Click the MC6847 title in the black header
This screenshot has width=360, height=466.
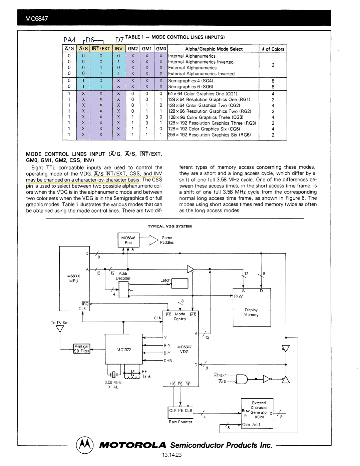(37, 19)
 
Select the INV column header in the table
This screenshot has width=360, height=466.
(118, 49)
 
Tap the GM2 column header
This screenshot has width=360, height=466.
(133, 49)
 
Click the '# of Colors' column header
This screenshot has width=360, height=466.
(273, 49)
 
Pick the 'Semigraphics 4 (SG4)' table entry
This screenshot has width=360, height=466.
(191, 81)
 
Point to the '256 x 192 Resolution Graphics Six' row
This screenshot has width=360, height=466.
(209, 135)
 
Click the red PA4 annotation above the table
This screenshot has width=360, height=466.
(69, 40)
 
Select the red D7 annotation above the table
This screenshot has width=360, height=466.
(119, 40)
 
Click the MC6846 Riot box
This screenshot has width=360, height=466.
(128, 240)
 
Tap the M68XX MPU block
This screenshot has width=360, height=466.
(74, 279)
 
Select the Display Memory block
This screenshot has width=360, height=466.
(252, 307)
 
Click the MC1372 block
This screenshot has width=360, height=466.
(124, 349)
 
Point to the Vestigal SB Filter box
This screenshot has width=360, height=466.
(82, 349)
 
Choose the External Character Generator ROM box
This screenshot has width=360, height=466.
(257, 413)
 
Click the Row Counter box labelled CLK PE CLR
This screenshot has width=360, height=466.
(181, 412)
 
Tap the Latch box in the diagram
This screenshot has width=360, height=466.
(179, 283)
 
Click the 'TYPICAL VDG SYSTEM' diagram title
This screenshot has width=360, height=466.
(169, 226)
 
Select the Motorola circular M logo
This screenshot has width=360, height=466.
(85, 445)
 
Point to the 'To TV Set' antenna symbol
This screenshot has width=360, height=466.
(60, 329)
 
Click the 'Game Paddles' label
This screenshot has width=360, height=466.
(166, 240)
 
